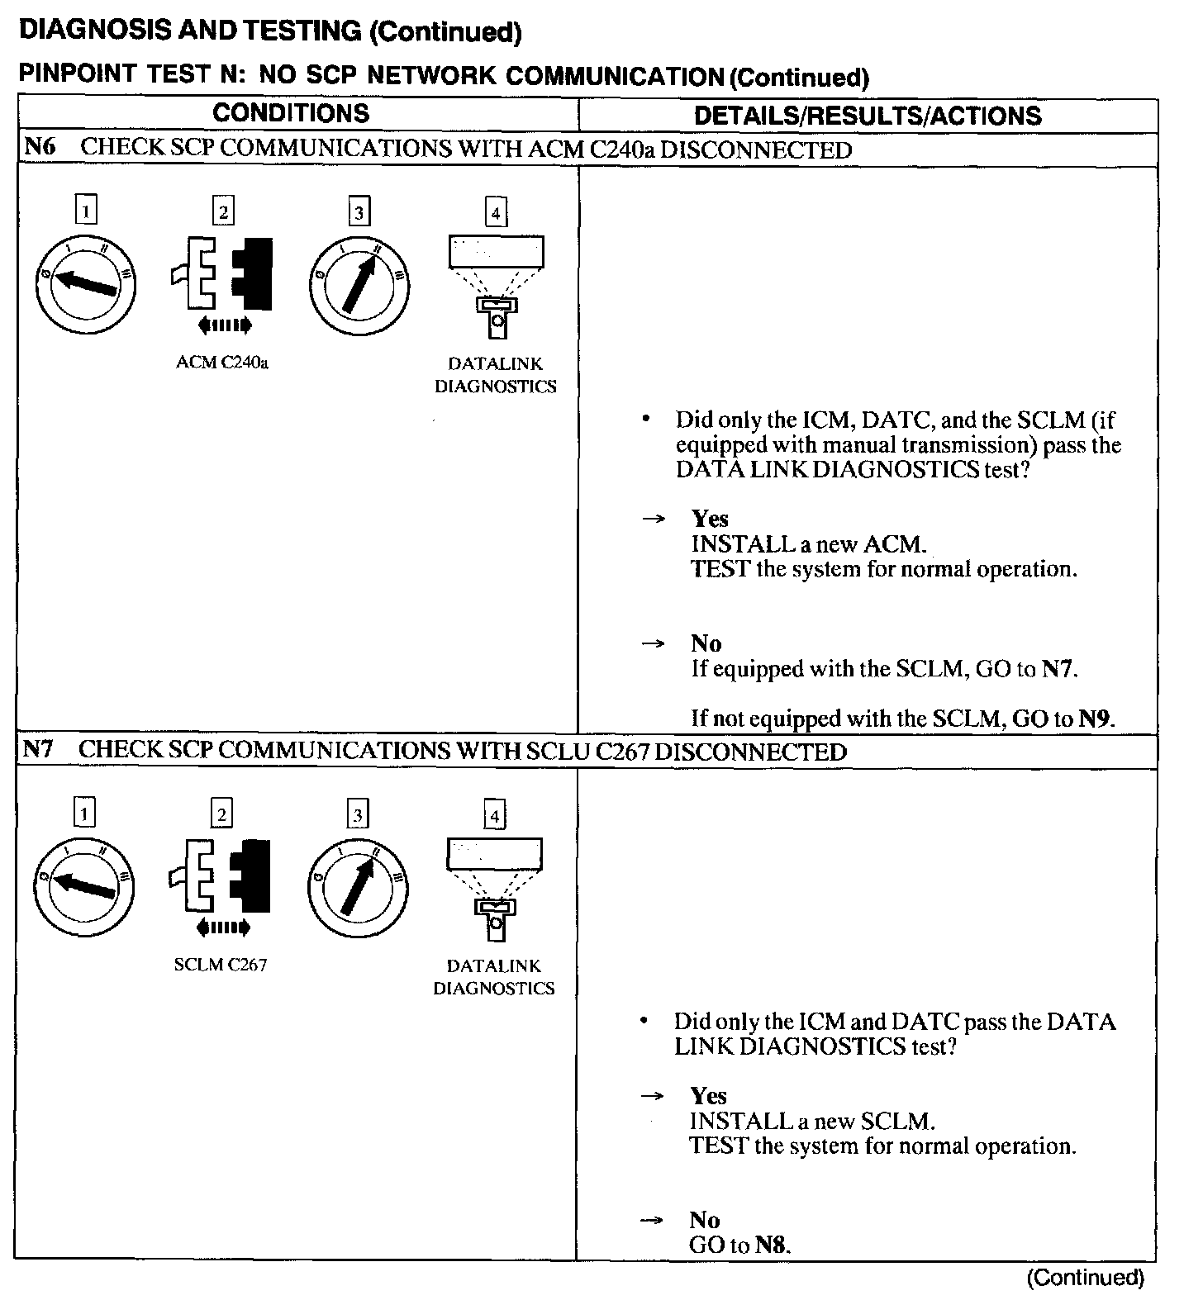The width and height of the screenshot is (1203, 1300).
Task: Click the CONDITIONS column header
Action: coord(291,113)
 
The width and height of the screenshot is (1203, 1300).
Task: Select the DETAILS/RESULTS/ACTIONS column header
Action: coord(868,116)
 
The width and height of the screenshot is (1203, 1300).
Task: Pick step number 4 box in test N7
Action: coord(494,816)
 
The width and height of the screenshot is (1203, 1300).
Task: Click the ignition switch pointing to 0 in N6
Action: coord(86,283)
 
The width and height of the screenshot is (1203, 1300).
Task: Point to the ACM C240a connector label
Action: coord(222,363)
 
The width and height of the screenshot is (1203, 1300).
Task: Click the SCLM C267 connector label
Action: coord(221,965)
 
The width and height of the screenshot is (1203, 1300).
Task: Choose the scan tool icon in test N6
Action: coord(496,285)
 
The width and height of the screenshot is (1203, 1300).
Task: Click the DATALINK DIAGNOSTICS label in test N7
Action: coord(494,976)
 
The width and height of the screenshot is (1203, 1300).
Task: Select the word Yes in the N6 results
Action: coord(710,519)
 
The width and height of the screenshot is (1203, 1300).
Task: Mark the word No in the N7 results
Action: coord(705,1220)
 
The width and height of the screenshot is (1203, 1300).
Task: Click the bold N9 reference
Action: coord(1095,719)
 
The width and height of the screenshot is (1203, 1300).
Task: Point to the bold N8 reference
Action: coord(771,1245)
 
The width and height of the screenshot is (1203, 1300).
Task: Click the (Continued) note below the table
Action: coord(1085,1279)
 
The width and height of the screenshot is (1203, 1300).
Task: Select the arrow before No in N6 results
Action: coord(654,643)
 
